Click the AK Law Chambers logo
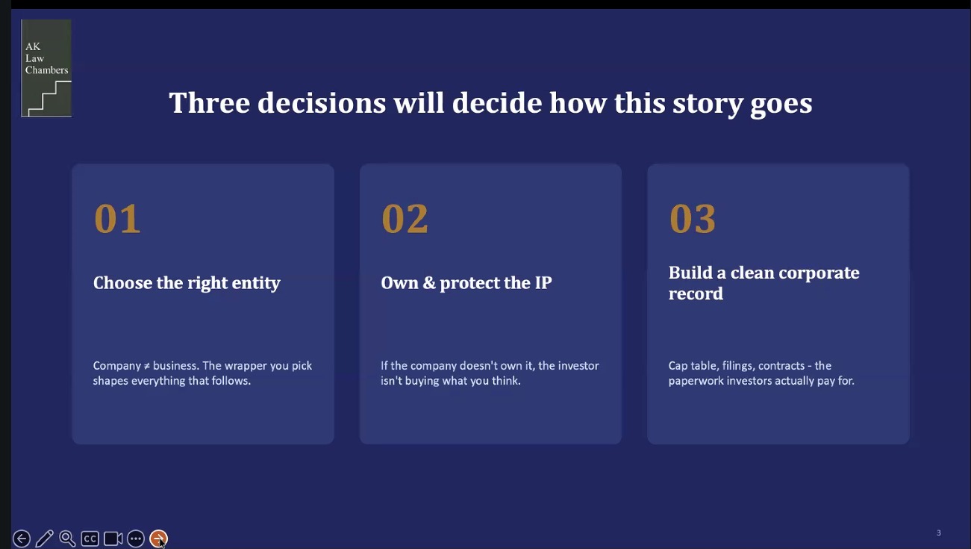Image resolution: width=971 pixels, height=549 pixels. [46, 68]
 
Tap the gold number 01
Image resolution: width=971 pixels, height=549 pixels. [117, 219]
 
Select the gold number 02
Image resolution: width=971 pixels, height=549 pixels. [405, 219]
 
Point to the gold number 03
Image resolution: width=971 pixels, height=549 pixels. [693, 219]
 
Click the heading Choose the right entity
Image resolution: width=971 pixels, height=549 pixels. [187, 283]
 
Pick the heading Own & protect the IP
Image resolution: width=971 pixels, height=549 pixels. [466, 283]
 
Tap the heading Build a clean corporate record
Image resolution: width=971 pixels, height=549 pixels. [764, 283]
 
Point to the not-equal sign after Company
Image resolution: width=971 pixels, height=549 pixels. [147, 366]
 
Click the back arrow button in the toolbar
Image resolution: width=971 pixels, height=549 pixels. [22, 539]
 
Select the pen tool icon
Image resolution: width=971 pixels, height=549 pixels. [44, 539]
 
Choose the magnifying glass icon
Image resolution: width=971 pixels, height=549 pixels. [67, 539]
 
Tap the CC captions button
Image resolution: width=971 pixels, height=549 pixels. [90, 539]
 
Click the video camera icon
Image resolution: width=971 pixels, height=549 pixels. [113, 539]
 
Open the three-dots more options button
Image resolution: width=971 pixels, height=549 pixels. [136, 539]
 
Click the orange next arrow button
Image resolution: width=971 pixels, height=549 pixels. [158, 539]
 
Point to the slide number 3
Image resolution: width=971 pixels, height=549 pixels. [939, 533]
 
